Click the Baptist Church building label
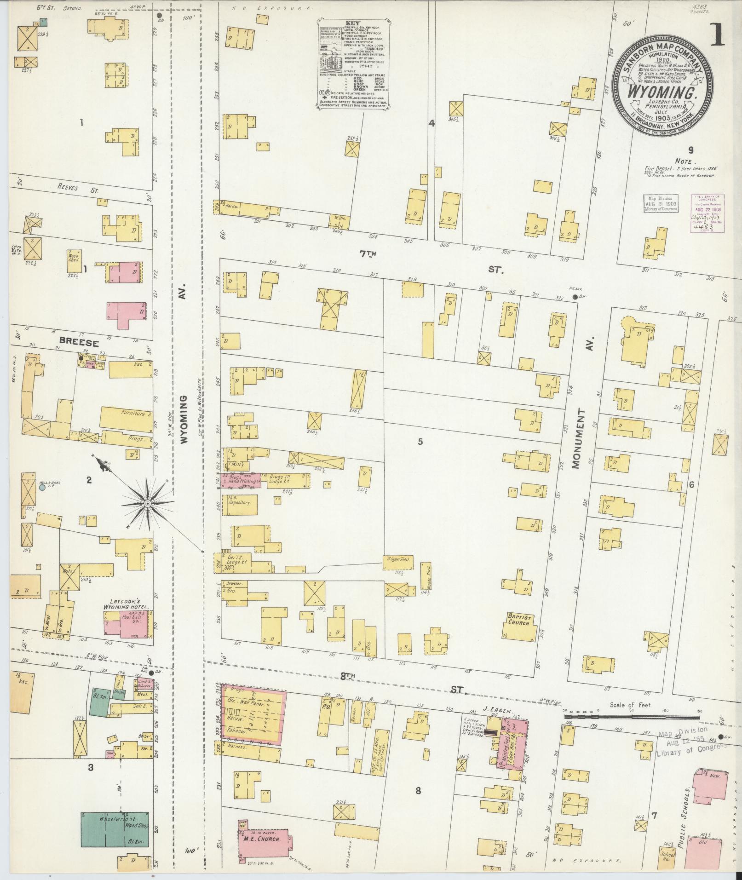click(x=519, y=619)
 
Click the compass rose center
click(x=148, y=504)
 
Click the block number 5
click(x=420, y=442)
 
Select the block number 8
click(x=418, y=791)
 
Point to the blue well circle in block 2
click(x=42, y=487)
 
